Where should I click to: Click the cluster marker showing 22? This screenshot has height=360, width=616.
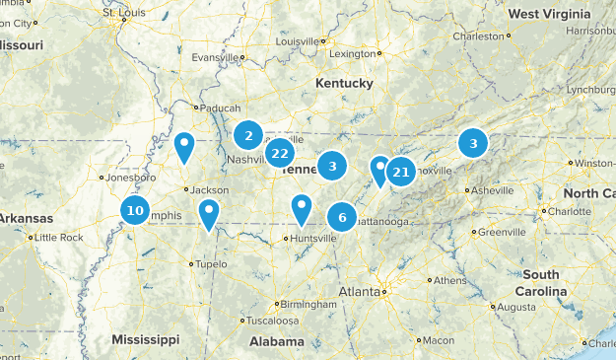click(280, 153)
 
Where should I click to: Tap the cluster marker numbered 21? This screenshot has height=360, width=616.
click(401, 173)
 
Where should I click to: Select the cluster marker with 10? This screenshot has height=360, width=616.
click(135, 210)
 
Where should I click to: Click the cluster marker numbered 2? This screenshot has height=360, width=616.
click(249, 135)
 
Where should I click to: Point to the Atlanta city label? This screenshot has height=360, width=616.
click(359, 292)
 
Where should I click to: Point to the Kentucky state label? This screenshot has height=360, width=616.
click(344, 84)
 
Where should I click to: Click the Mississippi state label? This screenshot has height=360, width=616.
click(146, 338)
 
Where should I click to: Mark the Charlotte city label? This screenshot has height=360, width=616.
click(569, 211)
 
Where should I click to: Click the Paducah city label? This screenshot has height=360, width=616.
click(217, 108)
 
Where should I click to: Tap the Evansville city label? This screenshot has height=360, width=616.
click(216, 57)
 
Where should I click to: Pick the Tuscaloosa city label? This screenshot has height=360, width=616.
click(273, 321)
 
